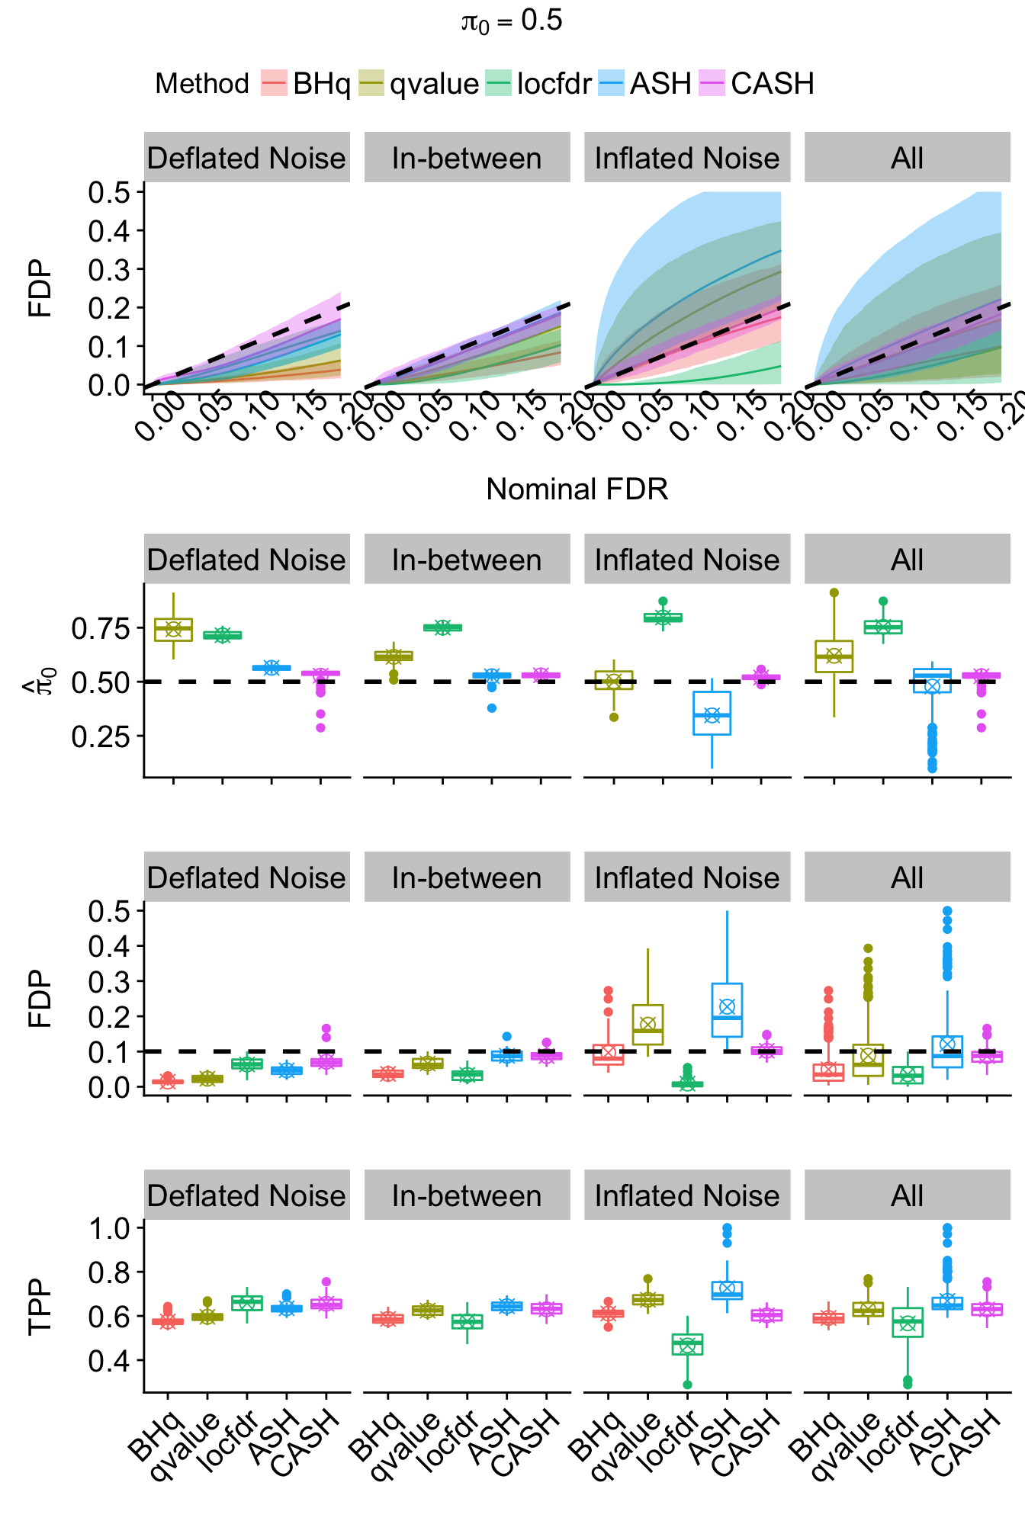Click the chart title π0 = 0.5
[512, 21]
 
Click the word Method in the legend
[202, 83]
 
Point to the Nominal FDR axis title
[577, 489]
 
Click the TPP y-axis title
[40, 1307]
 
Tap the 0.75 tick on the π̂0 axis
[101, 629]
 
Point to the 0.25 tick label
[101, 736]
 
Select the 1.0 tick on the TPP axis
[109, 1228]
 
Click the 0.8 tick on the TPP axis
[109, 1272]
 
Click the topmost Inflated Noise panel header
[687, 158]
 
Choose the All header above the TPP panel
[907, 1195]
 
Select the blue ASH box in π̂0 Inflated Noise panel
[712, 714]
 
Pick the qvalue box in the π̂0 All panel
[834, 656]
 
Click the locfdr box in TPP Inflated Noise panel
[687, 1344]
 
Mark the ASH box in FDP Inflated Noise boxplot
[727, 1010]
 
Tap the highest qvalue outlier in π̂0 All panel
[834, 592]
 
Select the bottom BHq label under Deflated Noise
[156, 1437]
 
